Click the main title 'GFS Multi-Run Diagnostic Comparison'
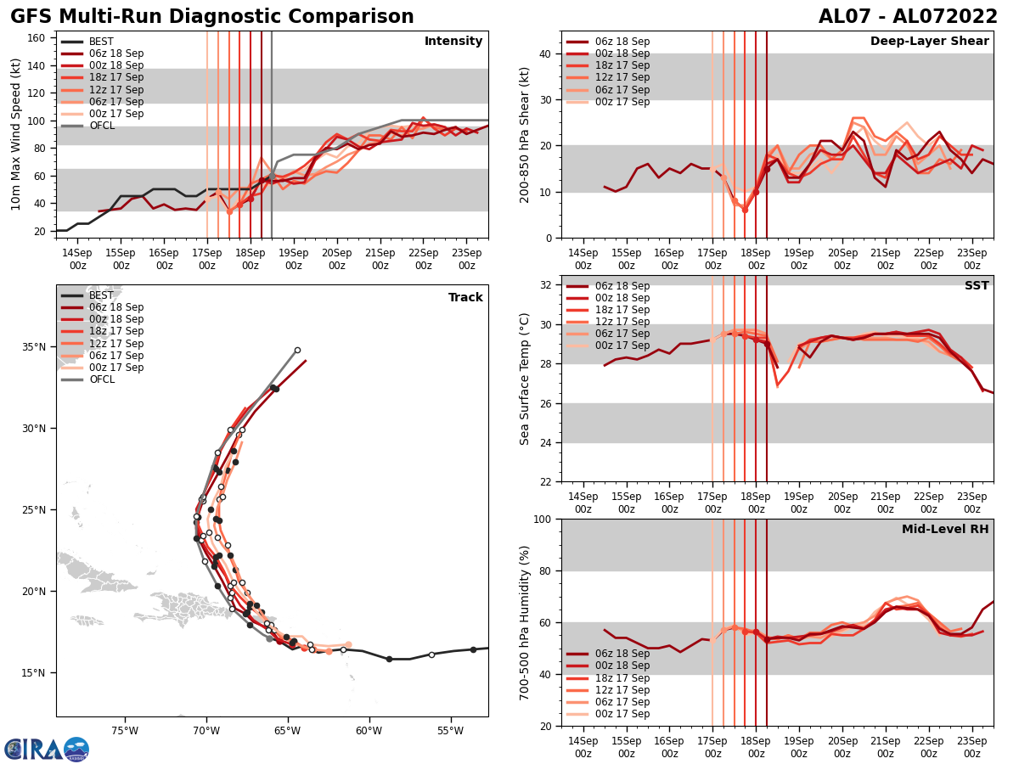point(211,17)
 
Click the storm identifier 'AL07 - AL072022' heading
point(908,17)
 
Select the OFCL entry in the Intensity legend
point(101,126)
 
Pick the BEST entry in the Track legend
point(101,295)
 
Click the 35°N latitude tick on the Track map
point(34,347)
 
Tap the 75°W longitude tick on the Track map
point(125,729)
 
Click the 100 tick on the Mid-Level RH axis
point(544,519)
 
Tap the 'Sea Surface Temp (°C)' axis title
point(525,379)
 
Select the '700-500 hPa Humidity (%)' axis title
point(525,622)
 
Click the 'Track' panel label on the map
point(465,297)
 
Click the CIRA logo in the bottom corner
point(47,749)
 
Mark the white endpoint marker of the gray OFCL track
point(297,350)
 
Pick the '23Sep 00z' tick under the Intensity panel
point(467,259)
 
